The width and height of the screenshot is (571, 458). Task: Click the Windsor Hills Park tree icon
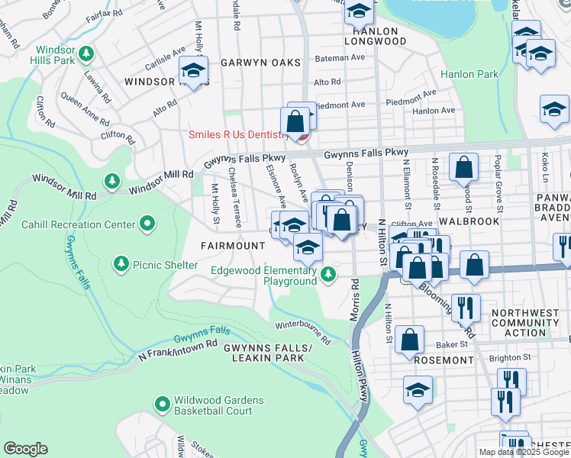pyautogui.click(x=87, y=53)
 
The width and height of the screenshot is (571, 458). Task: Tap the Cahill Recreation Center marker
pyautogui.click(x=147, y=224)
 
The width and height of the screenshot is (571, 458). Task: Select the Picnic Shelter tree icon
pyautogui.click(x=121, y=264)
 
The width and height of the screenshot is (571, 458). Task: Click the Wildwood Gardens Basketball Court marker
pyautogui.click(x=162, y=403)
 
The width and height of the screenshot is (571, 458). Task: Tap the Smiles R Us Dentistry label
pyautogui.click(x=239, y=135)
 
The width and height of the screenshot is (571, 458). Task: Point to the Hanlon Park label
pyautogui.click(x=469, y=74)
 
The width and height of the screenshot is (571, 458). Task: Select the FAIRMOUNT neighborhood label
pyautogui.click(x=232, y=246)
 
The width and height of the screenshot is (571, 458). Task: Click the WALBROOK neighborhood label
pyautogui.click(x=469, y=221)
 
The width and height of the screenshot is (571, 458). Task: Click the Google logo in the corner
pyautogui.click(x=25, y=449)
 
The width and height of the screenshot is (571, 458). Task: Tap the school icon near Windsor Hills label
pyautogui.click(x=194, y=72)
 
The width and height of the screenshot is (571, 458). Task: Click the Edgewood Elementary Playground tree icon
pyautogui.click(x=328, y=273)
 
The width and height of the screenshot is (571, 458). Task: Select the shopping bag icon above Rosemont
pyautogui.click(x=410, y=339)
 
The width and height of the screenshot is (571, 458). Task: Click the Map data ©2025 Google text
pyautogui.click(x=524, y=452)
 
